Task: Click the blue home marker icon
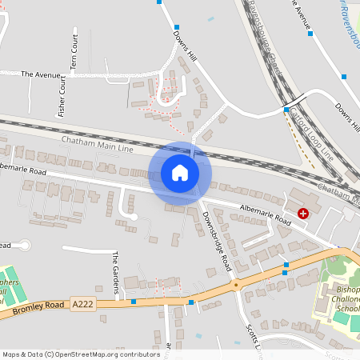[180, 172]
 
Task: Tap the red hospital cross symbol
[303, 213]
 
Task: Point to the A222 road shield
[82, 304]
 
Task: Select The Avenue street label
[41, 74]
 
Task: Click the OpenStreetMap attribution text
[71, 354]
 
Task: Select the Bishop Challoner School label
[345, 298]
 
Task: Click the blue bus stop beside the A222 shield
[133, 302]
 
